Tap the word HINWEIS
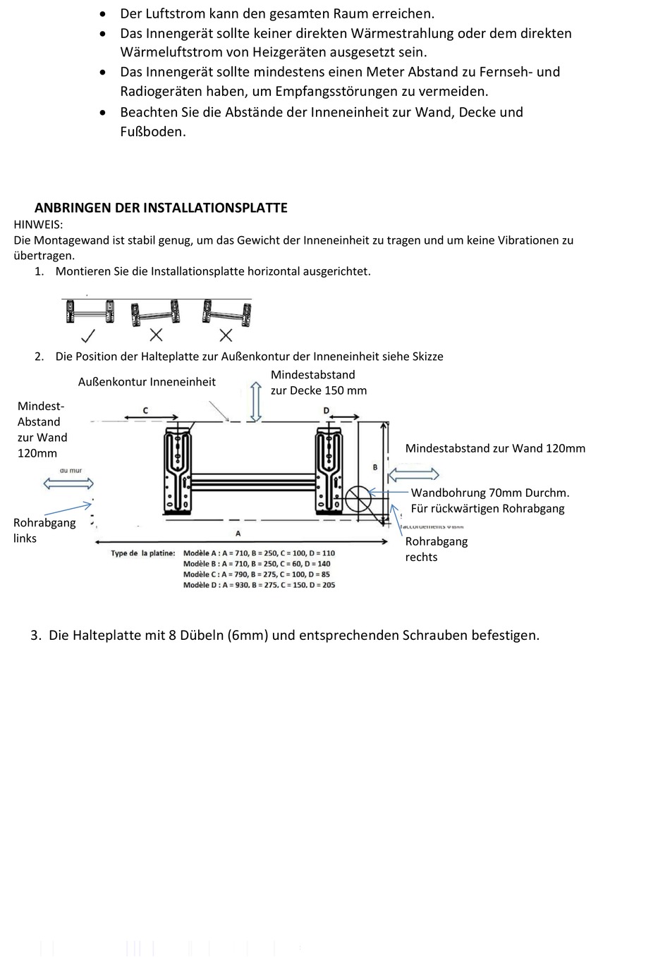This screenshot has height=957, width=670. [38, 224]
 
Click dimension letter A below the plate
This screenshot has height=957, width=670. [238, 533]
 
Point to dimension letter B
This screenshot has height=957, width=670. [374, 467]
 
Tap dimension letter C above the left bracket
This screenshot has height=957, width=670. [145, 409]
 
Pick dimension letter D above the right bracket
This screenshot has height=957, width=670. [326, 410]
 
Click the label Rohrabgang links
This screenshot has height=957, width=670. [44, 530]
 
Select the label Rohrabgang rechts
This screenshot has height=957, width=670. [436, 549]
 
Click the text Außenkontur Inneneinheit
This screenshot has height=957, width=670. [147, 382]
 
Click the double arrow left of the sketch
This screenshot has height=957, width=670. [68, 483]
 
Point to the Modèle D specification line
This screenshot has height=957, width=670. [259, 585]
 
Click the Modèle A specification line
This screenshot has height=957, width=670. [259, 553]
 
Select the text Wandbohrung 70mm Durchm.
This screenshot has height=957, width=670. [490, 493]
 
